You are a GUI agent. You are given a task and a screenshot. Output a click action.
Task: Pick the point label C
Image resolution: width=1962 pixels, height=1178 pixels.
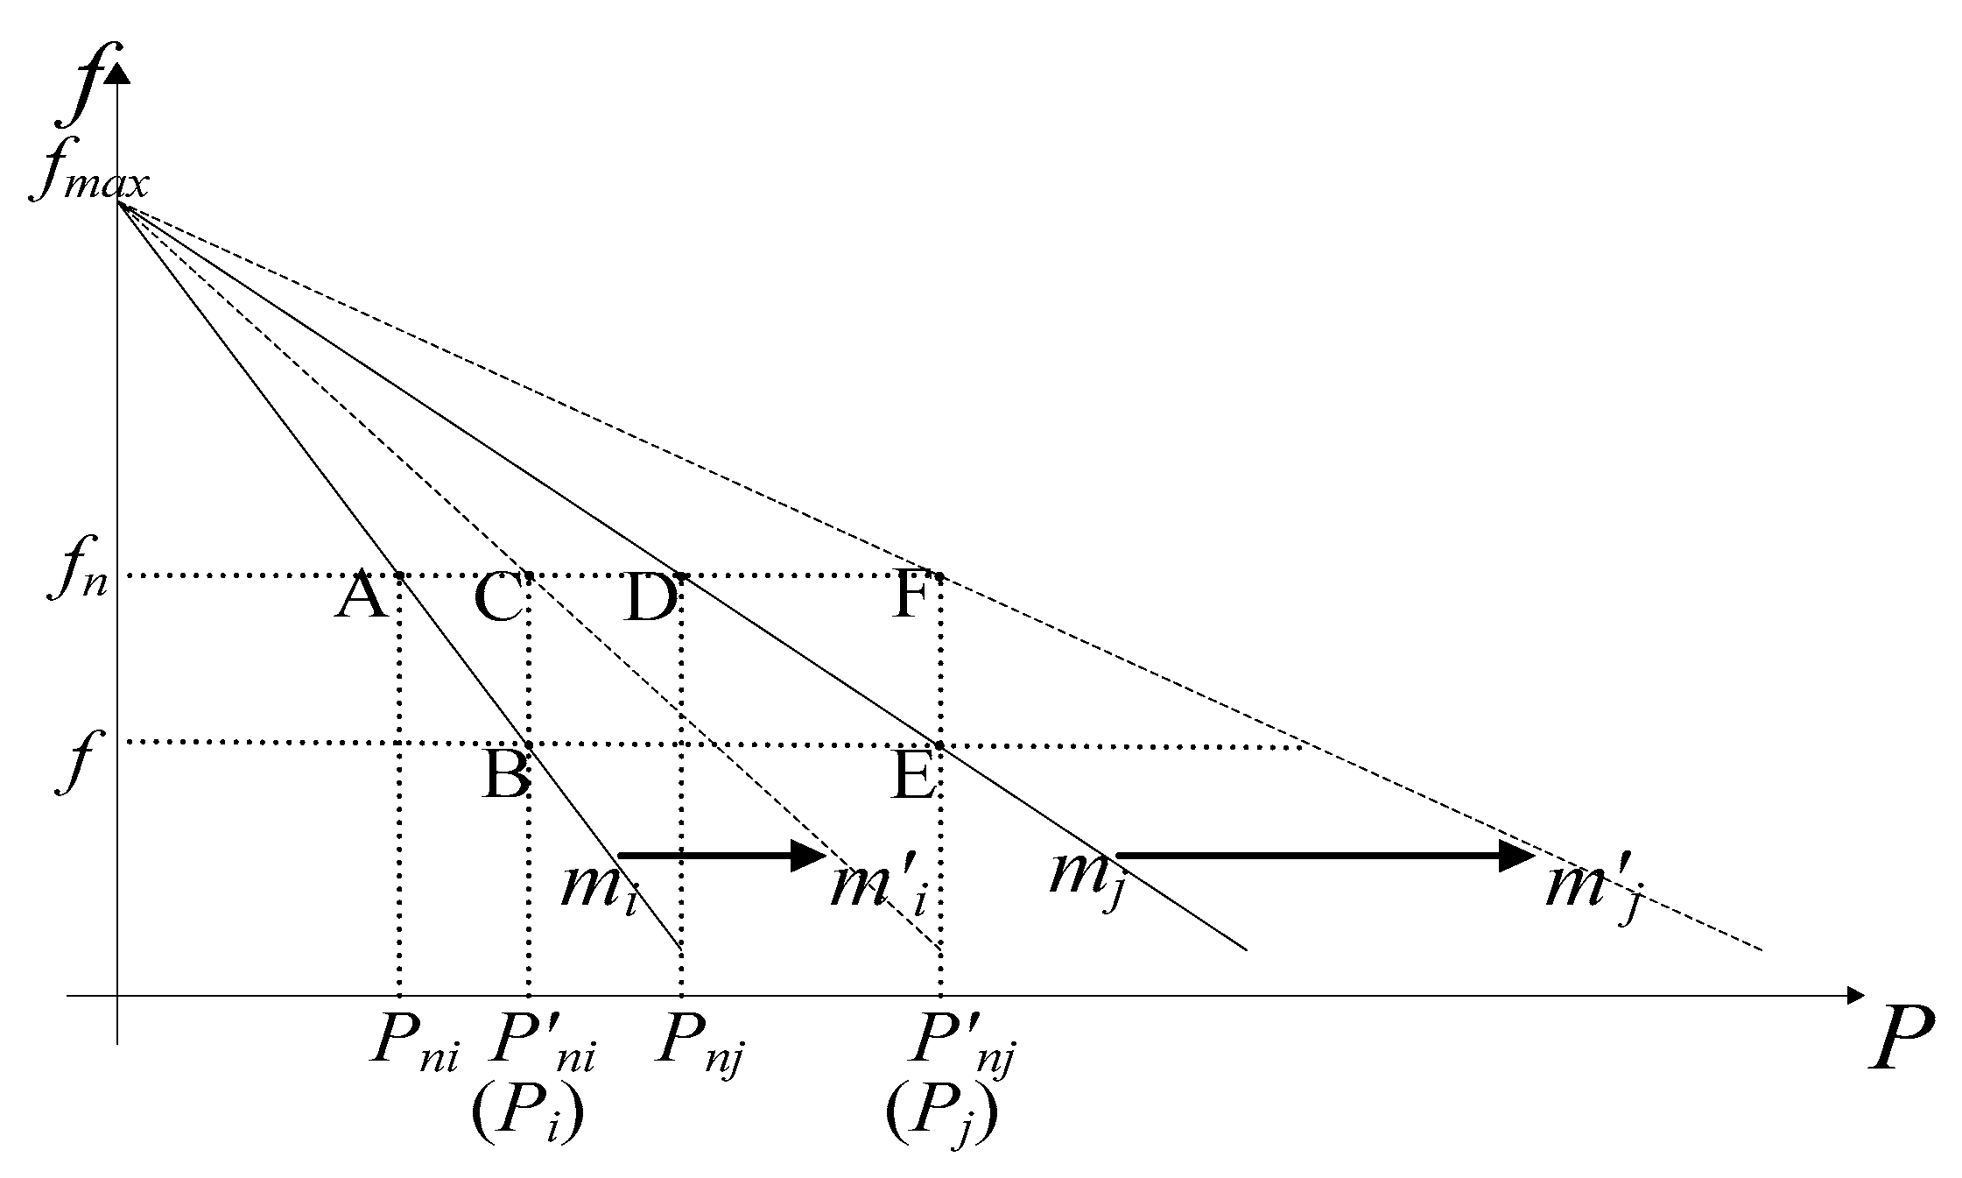pyautogui.click(x=497, y=599)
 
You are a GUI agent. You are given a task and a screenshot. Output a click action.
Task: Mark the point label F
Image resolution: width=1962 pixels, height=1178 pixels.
pyautogui.click(x=911, y=599)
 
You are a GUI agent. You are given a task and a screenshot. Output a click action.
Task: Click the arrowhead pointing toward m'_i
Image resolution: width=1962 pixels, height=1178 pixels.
pyautogui.click(x=808, y=855)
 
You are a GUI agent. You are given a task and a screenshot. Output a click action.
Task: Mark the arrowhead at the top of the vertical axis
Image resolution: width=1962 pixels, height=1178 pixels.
pyautogui.click(x=117, y=72)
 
